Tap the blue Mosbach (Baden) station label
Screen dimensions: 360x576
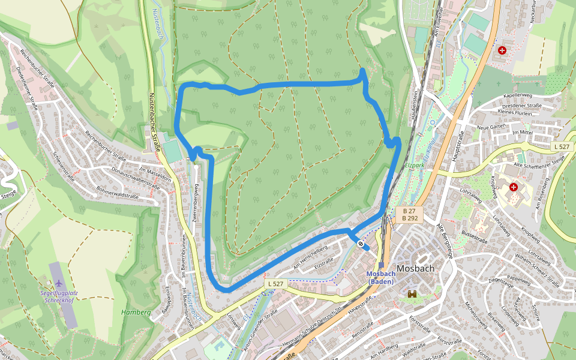click(x=380, y=278)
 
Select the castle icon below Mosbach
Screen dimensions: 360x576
click(x=413, y=294)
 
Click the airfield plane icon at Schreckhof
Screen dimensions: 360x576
click(x=59, y=282)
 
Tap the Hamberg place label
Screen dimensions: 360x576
click(x=136, y=312)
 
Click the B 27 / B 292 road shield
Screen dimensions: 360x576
click(x=410, y=214)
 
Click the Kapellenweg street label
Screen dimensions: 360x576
click(x=518, y=95)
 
